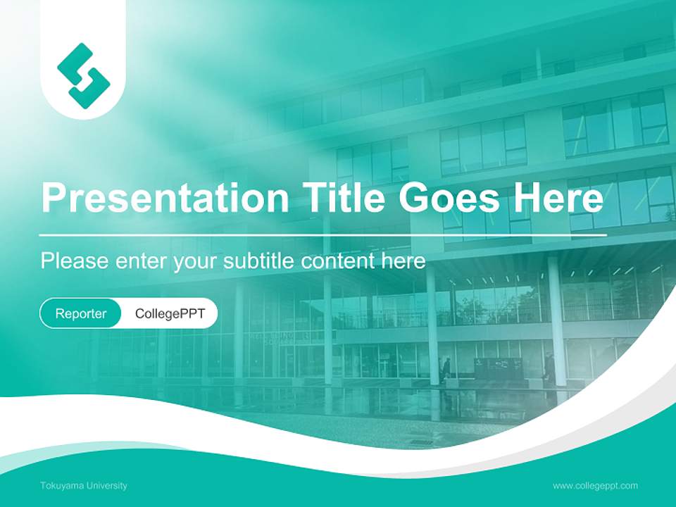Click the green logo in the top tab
tap(83, 75)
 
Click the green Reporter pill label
tap(81, 313)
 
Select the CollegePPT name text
tap(170, 313)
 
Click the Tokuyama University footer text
tap(84, 486)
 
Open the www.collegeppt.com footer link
tap(595, 486)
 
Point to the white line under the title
tap(323, 234)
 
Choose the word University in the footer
tap(104, 486)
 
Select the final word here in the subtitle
tap(405, 261)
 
